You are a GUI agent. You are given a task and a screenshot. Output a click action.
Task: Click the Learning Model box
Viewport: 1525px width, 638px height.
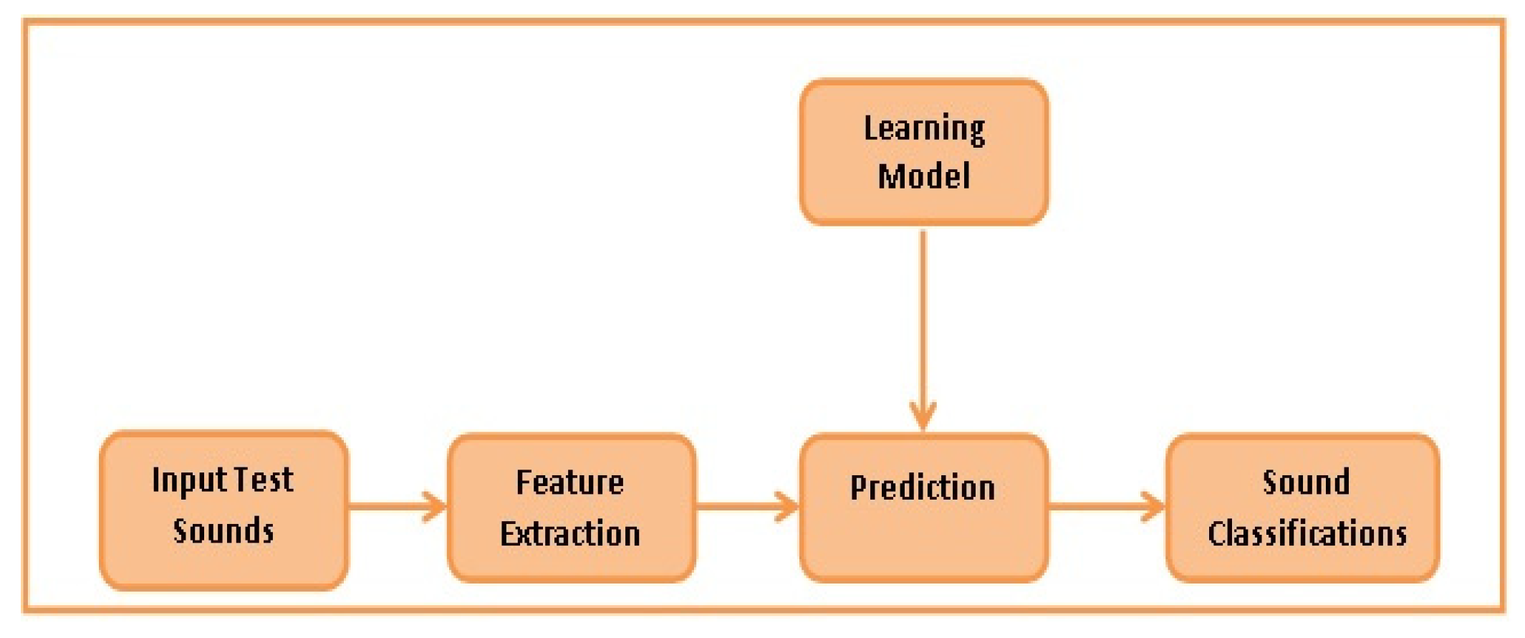(924, 151)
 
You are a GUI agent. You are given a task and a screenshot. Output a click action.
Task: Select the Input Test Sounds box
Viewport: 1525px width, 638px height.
(224, 510)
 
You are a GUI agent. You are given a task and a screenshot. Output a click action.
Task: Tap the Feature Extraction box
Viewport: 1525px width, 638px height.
(571, 508)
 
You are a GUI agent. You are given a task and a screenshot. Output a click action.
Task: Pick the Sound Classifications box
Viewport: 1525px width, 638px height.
(1302, 508)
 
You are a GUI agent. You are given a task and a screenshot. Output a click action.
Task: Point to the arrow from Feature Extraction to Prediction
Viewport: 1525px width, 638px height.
(747, 507)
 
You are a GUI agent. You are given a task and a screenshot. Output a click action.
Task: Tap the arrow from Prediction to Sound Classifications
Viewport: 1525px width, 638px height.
(1107, 507)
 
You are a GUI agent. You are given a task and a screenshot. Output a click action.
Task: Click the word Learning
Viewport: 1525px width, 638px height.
(924, 130)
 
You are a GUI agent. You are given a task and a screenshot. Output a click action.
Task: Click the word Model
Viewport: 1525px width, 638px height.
(924, 176)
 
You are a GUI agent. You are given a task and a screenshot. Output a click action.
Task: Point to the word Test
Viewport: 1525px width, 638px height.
(265, 480)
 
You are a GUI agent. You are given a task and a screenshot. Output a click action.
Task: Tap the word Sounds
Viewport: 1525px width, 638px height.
(223, 531)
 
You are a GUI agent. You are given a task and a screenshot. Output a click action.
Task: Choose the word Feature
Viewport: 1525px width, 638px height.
(570, 482)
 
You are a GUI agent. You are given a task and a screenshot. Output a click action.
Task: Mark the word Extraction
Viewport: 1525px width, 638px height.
(570, 534)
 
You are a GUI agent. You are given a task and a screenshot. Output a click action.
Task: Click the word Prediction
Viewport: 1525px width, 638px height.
(923, 488)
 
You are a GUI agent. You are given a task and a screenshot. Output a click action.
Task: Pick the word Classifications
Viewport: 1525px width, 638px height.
(1307, 534)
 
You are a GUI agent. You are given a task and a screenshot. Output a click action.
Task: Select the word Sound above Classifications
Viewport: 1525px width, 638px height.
(1306, 482)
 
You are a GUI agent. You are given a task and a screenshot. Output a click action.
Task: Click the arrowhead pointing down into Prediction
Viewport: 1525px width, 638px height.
(923, 416)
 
